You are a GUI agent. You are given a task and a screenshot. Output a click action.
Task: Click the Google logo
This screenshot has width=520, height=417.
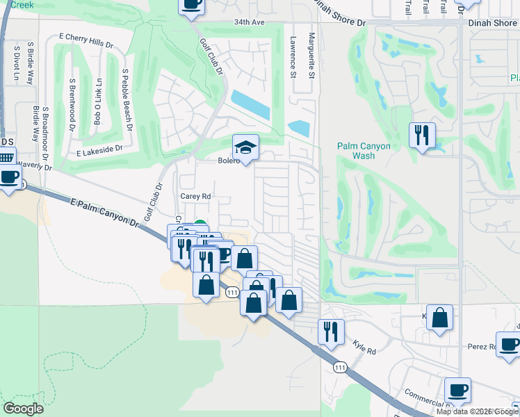(x=24, y=409)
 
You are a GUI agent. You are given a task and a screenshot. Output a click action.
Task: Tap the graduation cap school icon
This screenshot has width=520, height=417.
(x=245, y=147)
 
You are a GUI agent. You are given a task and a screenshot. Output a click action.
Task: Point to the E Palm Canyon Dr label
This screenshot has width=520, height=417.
(x=105, y=211)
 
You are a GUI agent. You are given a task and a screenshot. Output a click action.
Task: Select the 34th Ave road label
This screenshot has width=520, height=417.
(x=250, y=22)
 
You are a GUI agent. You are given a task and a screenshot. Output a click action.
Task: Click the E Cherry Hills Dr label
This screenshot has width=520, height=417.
(x=86, y=40)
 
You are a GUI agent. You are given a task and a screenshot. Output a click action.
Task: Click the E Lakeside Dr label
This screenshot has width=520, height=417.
(x=99, y=149)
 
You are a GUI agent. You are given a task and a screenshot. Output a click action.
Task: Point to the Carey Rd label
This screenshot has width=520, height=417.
(x=195, y=196)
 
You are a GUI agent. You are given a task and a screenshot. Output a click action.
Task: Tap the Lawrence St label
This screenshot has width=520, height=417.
(x=293, y=57)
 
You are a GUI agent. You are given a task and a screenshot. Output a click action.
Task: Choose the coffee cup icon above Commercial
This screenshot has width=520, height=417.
(x=457, y=390)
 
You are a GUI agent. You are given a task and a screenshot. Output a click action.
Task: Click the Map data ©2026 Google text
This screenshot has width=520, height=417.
(x=477, y=411)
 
